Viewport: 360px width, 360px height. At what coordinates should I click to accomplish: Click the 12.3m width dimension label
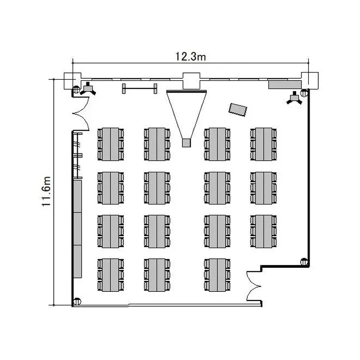[191, 57]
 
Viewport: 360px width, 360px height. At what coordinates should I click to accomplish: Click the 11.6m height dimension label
[47, 192]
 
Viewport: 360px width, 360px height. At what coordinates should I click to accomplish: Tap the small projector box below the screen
[186, 142]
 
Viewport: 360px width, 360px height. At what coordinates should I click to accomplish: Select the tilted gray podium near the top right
[238, 109]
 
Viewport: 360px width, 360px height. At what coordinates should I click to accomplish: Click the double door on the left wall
[81, 114]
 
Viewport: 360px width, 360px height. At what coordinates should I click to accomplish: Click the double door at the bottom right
[253, 286]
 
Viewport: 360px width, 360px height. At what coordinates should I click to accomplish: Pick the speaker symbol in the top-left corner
[89, 88]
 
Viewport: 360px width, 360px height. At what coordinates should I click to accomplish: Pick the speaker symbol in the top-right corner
[295, 98]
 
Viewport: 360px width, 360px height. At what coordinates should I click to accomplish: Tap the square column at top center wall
[191, 80]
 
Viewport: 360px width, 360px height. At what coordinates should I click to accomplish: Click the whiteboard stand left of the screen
[140, 88]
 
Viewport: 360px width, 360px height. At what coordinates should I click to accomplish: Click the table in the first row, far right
[264, 144]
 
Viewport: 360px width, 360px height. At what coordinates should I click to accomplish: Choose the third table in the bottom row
[218, 275]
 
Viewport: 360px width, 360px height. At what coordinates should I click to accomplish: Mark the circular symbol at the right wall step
[303, 262]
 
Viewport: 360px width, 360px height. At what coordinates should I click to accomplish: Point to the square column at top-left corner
[72, 80]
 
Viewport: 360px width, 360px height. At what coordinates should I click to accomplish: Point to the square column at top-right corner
[310, 80]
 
